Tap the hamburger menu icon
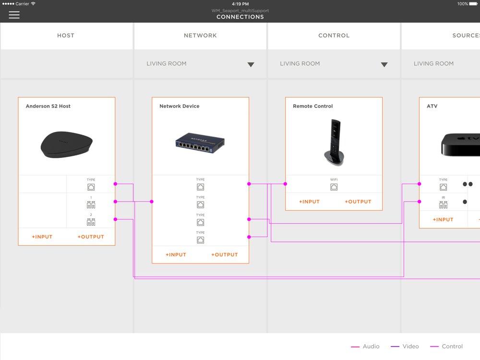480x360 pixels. (x=14, y=15)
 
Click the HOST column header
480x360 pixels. (x=66, y=36)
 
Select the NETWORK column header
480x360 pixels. (x=200, y=36)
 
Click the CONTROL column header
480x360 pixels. (x=334, y=36)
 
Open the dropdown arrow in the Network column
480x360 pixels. (x=251, y=65)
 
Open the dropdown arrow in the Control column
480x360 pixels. (x=384, y=65)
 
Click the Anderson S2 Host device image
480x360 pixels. (x=66, y=144)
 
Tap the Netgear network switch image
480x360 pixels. (x=200, y=143)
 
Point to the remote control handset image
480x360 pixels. (x=334, y=143)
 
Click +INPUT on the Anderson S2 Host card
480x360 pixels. (x=42, y=237)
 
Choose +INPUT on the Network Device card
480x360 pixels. (x=176, y=255)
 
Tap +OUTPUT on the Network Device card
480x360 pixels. (x=224, y=255)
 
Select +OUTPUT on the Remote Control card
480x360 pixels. (x=358, y=202)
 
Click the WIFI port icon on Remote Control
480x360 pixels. (x=334, y=187)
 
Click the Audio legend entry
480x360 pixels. (x=365, y=347)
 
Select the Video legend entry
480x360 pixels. (x=405, y=347)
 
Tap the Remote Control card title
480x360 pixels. (x=312, y=106)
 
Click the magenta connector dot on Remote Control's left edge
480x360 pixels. (x=285, y=184)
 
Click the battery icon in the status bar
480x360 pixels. (x=473, y=4)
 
